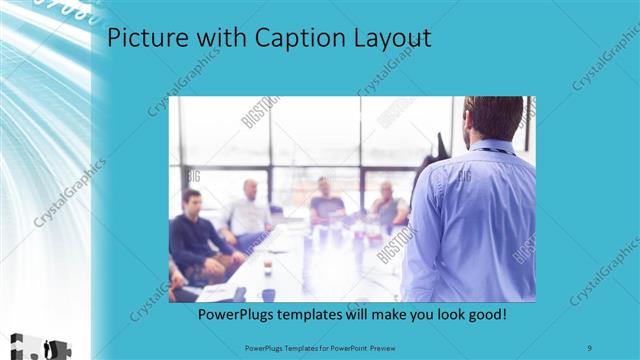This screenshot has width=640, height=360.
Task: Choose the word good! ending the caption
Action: coord(484,314)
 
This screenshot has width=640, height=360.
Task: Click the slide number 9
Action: coord(591,347)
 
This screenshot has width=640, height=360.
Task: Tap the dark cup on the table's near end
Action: coord(268,294)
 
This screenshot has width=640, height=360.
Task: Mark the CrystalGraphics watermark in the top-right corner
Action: coord(606,60)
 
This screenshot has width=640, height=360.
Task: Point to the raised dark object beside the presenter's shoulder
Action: coord(441,146)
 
